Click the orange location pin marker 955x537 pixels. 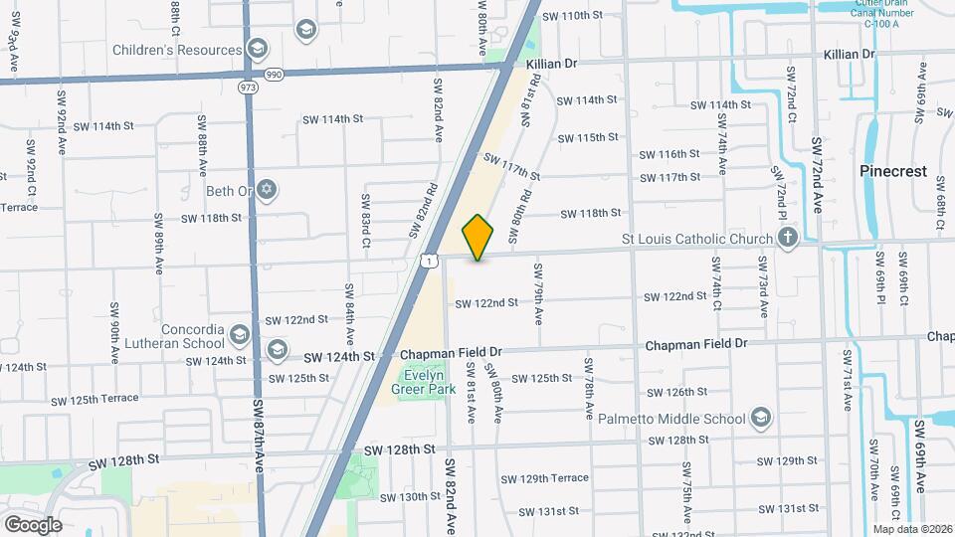pos(478,237)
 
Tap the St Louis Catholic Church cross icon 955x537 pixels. pos(788,238)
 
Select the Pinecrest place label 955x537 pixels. pos(892,171)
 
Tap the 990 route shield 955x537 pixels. pos(274,75)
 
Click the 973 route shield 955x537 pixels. pos(248,89)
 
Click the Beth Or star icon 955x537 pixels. pos(266,190)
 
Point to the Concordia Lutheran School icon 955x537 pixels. pos(238,334)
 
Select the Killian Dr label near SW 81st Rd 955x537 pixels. pos(552,63)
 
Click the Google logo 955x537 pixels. pos(33,524)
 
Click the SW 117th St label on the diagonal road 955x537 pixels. pos(511,166)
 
